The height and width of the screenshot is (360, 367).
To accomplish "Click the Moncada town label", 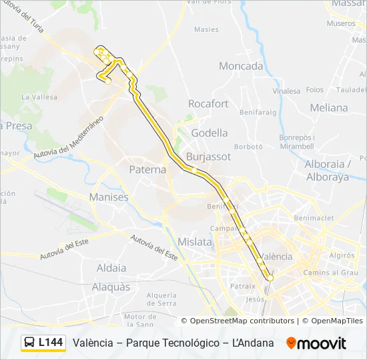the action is pyautogui.click(x=241, y=66).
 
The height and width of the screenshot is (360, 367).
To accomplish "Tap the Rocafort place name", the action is pyautogui.click(x=208, y=104).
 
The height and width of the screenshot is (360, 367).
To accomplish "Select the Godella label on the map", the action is pyautogui.click(x=210, y=133).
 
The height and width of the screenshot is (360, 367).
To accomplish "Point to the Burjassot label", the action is pyautogui.click(x=209, y=157).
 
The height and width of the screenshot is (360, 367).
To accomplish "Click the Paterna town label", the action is pyautogui.click(x=147, y=169).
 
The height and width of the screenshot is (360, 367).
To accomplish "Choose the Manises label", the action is pyautogui.click(x=109, y=197).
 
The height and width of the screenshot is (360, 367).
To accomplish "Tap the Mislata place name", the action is pyautogui.click(x=195, y=242).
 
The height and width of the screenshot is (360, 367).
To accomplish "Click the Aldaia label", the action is pyautogui.click(x=111, y=268).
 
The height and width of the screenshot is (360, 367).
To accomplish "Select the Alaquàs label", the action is pyautogui.click(x=111, y=287).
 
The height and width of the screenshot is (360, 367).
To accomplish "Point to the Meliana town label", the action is pyautogui.click(x=329, y=107).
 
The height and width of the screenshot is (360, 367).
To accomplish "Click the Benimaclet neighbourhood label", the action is pyautogui.click(x=314, y=217).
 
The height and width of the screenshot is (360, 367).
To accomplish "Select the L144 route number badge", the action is pyautogui.click(x=51, y=343).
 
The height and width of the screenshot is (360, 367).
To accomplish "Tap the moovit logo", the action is pyautogui.click(x=316, y=343).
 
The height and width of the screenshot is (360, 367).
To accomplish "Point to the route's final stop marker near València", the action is pyautogui.click(x=270, y=277).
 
